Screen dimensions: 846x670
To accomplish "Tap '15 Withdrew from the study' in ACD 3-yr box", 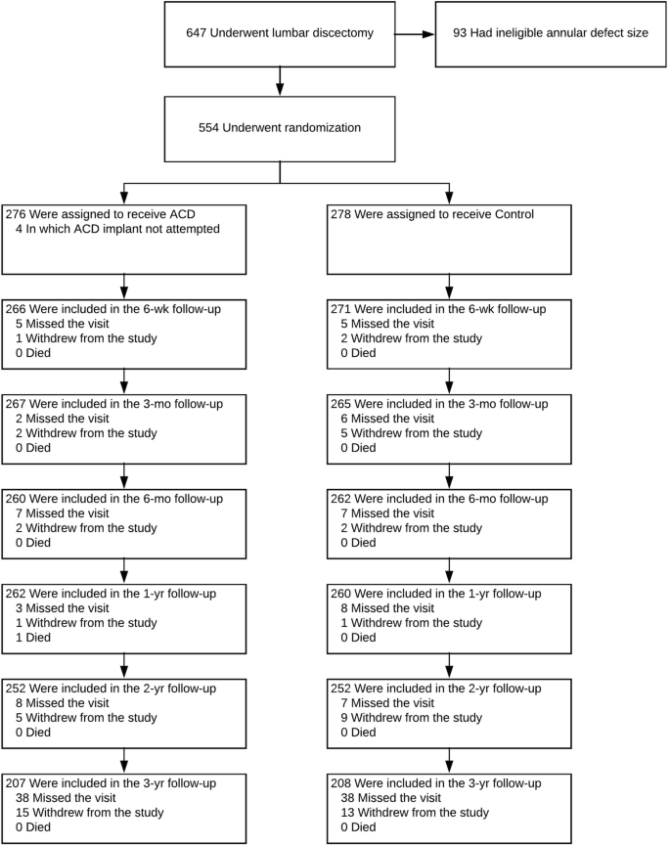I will click(89, 813).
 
